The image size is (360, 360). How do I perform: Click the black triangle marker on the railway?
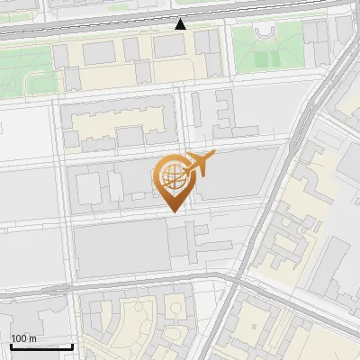click(x=181, y=24)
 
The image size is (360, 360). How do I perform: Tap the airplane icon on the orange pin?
click(x=199, y=165)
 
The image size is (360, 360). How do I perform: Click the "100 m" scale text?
click(x=22, y=337)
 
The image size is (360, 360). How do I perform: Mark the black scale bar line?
click(x=40, y=346)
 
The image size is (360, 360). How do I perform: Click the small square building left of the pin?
click(x=88, y=189)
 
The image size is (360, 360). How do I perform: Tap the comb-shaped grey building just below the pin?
click(x=193, y=241)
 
